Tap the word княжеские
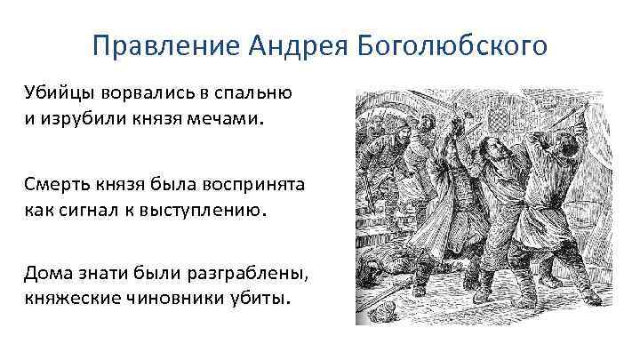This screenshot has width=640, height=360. tap(69, 301)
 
